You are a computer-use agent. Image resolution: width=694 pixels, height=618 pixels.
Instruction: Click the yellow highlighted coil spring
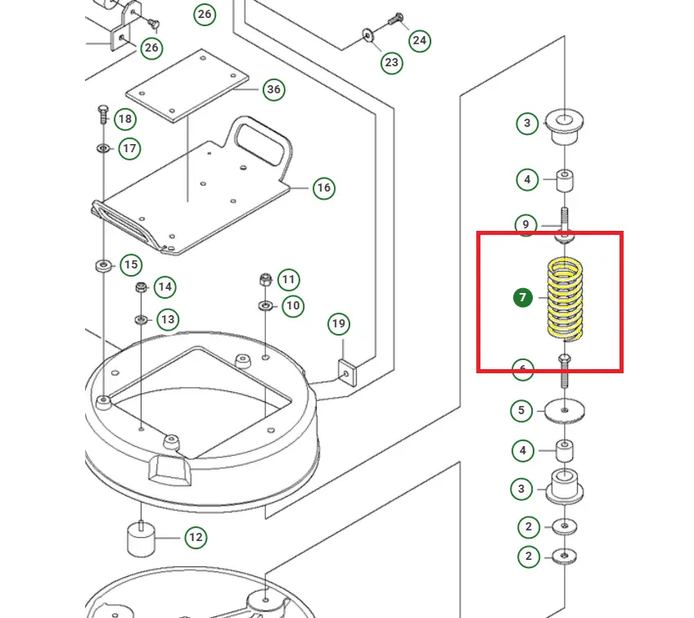pyautogui.click(x=566, y=299)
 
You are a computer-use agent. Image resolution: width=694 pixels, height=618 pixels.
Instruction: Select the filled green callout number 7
pyautogui.click(x=523, y=297)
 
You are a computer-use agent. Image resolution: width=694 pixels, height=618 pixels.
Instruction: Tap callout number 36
pyautogui.click(x=273, y=89)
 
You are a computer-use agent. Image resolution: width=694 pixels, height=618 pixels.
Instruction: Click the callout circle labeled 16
pyautogui.click(x=323, y=188)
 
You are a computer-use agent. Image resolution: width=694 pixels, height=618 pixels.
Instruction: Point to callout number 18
pyautogui.click(x=124, y=120)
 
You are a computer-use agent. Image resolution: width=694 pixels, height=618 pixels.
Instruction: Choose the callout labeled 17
pyautogui.click(x=129, y=149)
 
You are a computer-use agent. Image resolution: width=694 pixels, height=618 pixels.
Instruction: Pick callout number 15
pyautogui.click(x=130, y=265)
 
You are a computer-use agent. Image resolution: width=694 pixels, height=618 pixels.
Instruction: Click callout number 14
pyautogui.click(x=165, y=286)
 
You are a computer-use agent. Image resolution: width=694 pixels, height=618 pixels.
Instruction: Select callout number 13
pyautogui.click(x=167, y=318)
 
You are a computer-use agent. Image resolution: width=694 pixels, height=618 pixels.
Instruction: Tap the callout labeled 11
pyautogui.click(x=288, y=280)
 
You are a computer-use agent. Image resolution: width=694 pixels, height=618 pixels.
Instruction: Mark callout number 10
pyautogui.click(x=292, y=306)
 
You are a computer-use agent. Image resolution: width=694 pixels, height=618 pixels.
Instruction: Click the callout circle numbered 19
pyautogui.click(x=339, y=324)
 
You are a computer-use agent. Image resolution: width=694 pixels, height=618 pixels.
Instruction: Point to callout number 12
pyautogui.click(x=195, y=538)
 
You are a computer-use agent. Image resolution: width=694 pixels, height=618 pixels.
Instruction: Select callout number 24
pyautogui.click(x=419, y=40)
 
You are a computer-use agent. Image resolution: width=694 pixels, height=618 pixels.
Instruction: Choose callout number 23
pyautogui.click(x=392, y=62)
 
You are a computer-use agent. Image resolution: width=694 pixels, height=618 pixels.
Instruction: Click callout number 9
pyautogui.click(x=525, y=224)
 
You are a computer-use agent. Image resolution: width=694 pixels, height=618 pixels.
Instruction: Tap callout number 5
pyautogui.click(x=522, y=410)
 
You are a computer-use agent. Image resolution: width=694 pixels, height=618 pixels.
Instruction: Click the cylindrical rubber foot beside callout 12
pyautogui.click(x=140, y=539)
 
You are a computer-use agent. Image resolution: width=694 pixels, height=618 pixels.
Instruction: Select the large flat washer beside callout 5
pyautogui.click(x=566, y=409)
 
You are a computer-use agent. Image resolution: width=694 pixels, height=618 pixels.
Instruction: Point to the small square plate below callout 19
pyautogui.click(x=349, y=371)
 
